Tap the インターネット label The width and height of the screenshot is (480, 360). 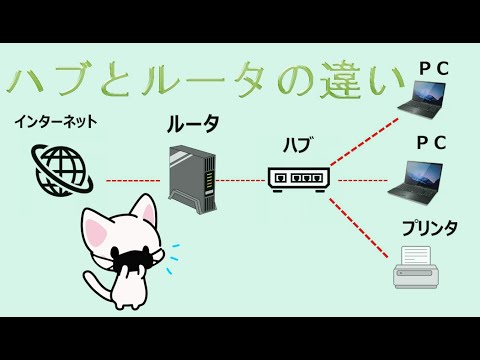click(55, 122)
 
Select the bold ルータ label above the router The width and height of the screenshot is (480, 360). click(192, 125)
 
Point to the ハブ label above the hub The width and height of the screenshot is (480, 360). click(297, 145)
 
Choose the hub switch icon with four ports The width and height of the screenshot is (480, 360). click(298, 179)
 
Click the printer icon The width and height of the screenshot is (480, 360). click(416, 267)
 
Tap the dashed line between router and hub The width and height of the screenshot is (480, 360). click(240, 181)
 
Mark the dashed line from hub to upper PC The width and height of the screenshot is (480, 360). click(365, 140)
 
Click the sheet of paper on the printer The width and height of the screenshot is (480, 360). click(416, 256)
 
